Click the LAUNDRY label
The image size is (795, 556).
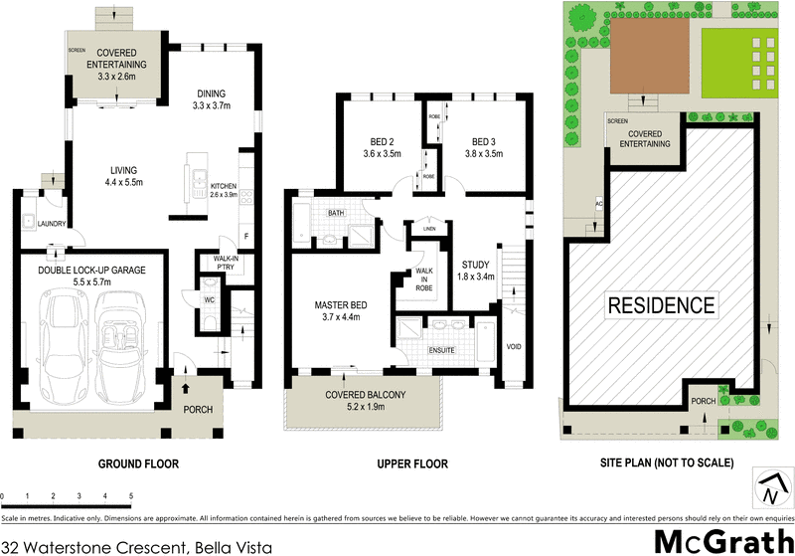[x=53, y=224]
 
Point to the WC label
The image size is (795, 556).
[x=210, y=298]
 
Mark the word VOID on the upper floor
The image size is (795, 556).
[x=515, y=347]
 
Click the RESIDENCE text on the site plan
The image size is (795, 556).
[x=662, y=304]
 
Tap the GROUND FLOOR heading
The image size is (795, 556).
[x=138, y=463]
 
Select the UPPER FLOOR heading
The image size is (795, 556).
[x=412, y=463]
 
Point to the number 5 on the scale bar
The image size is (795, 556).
[x=131, y=495]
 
